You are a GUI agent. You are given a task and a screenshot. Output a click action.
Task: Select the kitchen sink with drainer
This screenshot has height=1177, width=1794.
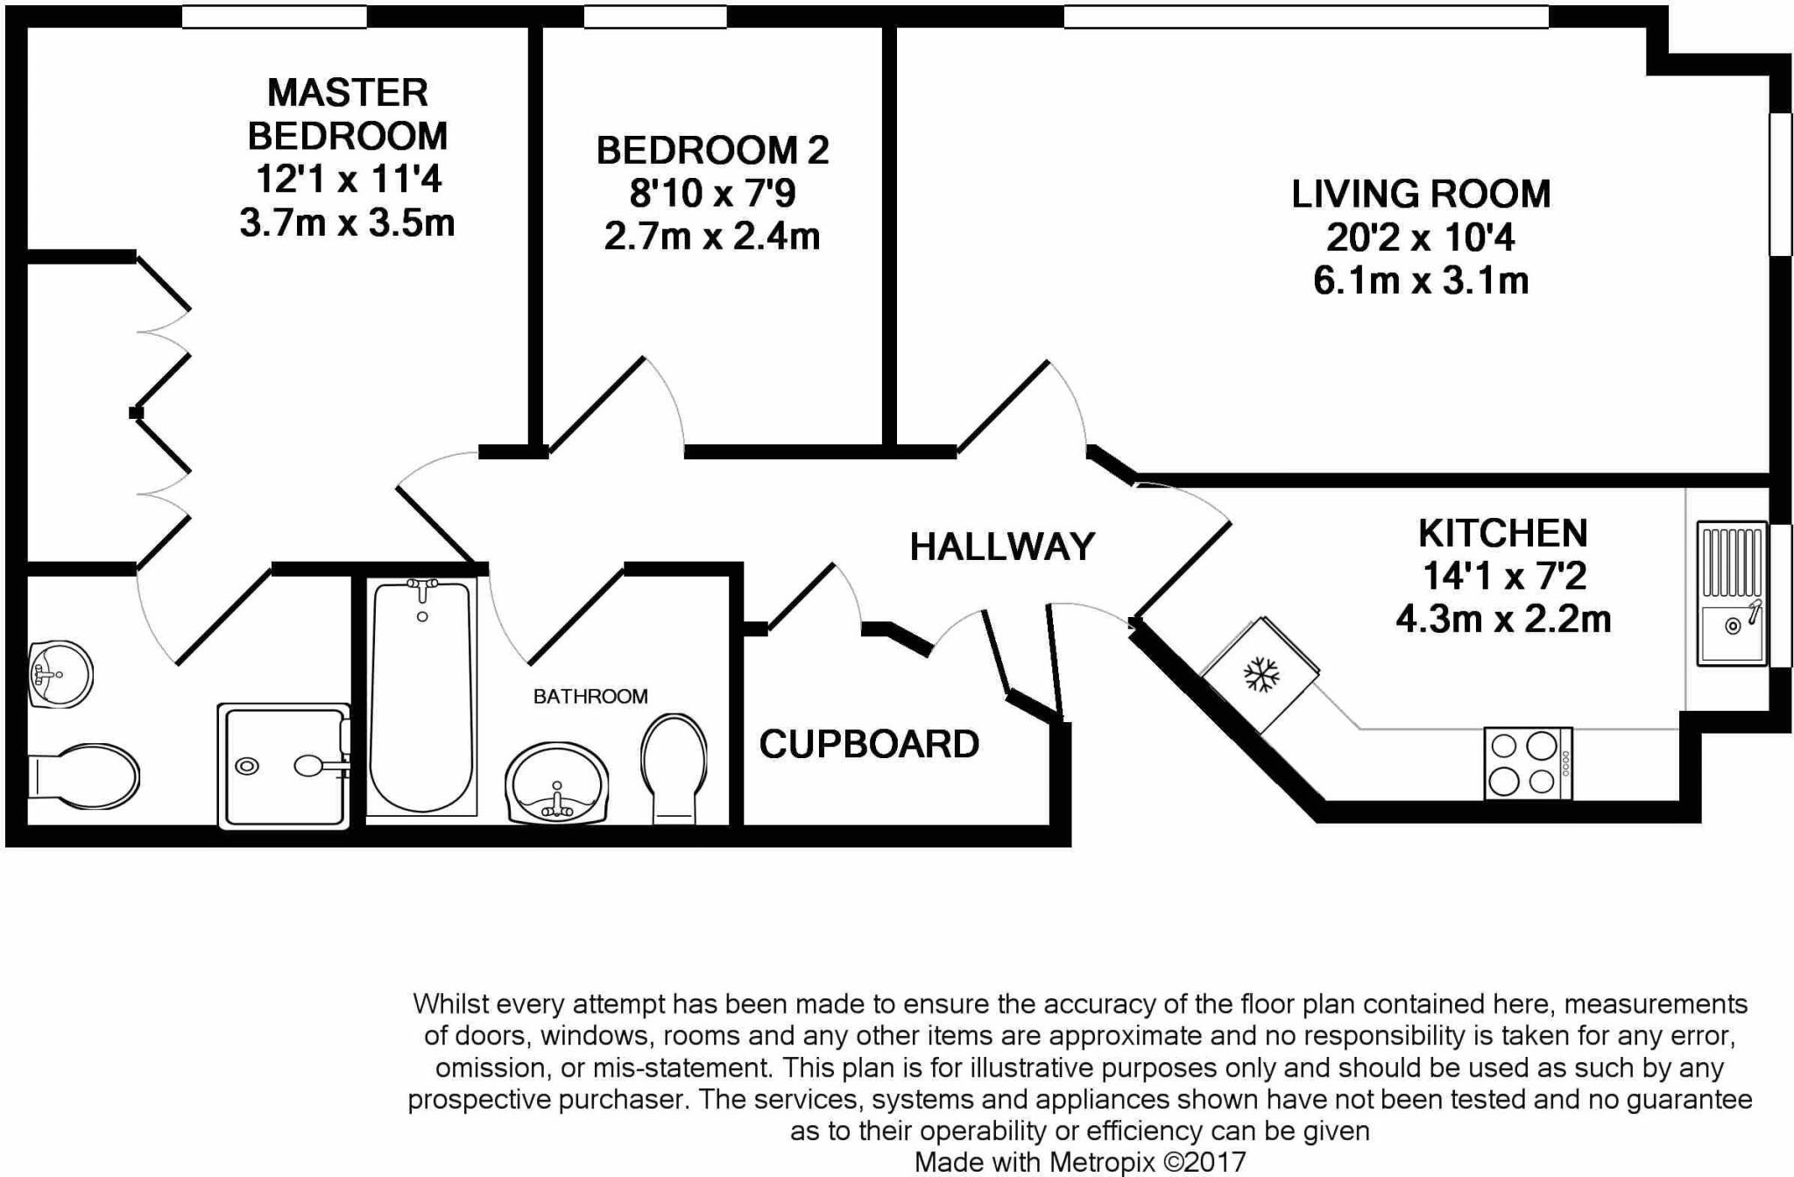tap(1731, 593)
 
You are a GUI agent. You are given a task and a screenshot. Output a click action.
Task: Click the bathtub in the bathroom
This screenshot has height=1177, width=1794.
tap(422, 698)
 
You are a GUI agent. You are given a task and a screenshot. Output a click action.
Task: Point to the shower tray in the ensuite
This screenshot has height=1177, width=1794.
tap(284, 766)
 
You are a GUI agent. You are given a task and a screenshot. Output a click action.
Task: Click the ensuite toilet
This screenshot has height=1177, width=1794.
tap(83, 772)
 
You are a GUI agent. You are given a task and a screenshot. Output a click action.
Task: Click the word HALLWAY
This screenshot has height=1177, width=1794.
tap(1002, 547)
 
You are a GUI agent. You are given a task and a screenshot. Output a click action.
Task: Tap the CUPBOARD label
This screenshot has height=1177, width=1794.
tap(869, 744)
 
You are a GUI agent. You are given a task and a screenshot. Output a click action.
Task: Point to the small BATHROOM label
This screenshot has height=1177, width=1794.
tap(590, 696)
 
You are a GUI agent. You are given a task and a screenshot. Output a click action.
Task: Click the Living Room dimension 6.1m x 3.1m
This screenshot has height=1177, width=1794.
tap(1421, 280)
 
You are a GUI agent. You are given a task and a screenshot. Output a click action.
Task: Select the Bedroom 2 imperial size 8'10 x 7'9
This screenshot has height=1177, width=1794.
tap(712, 193)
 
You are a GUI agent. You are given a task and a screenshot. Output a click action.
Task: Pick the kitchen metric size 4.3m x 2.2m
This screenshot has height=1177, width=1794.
tap(1503, 619)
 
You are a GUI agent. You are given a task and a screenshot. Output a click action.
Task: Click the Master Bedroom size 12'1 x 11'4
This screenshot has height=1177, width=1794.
tap(348, 179)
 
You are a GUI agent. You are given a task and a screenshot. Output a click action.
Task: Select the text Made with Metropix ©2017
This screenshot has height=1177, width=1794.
tap(1080, 1162)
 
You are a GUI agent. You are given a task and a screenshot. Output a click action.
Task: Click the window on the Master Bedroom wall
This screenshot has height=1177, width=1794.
tap(274, 17)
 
